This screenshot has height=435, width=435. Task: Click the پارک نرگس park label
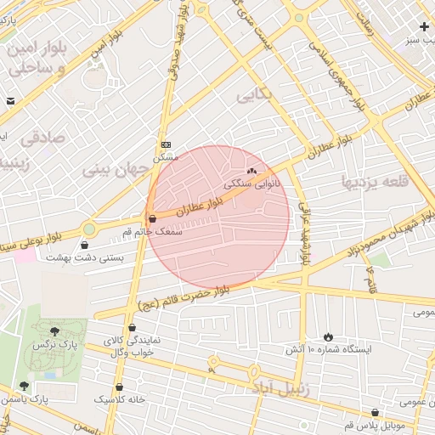pyautogui.click(x=48, y=345)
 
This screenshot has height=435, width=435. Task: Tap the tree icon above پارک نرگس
pyautogui.click(x=55, y=331)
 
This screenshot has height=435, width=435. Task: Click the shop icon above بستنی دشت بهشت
pyautogui.click(x=84, y=246)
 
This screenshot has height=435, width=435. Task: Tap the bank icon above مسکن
pyautogui.click(x=166, y=145)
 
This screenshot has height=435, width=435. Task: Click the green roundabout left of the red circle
pyautogui.click(x=89, y=229)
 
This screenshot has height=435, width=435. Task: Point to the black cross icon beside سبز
pyautogui.click(x=424, y=27)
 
